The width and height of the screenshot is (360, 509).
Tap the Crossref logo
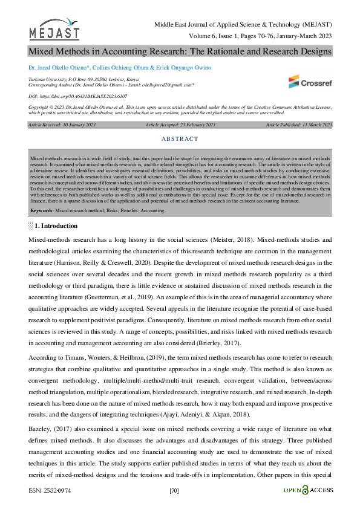[310, 81]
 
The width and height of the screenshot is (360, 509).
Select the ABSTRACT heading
[180, 139]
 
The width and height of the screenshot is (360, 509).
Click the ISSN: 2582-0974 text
[49, 490]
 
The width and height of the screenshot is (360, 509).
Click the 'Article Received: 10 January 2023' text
[57, 125]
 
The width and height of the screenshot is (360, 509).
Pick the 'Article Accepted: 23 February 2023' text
[180, 125]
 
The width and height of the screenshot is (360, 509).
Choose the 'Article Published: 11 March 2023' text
[299, 125]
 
